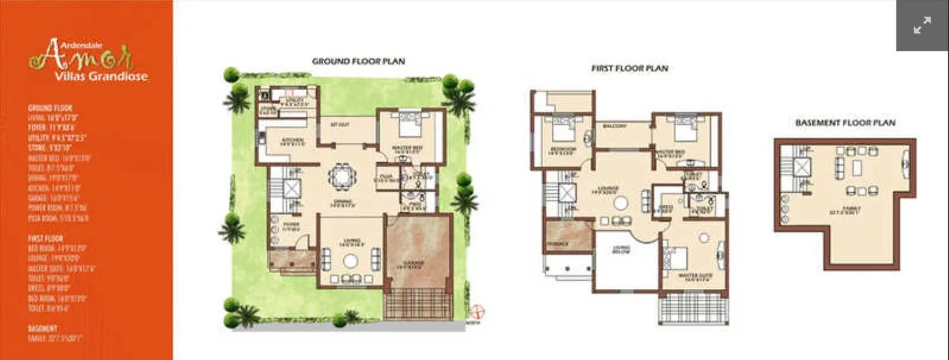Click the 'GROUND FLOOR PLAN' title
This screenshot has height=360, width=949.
point(358,61)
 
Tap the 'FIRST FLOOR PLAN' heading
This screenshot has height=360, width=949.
point(629,68)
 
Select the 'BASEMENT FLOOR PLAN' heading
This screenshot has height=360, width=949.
point(845,122)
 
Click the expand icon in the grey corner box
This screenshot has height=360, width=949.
point(922,26)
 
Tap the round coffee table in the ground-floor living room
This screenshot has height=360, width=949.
point(351,260)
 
